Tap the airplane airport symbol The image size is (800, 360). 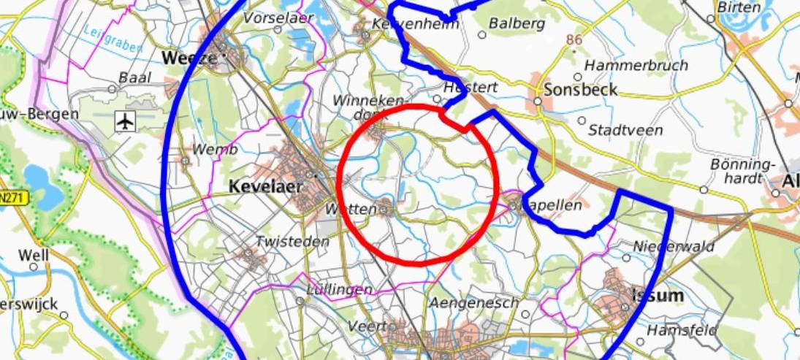coord(126,121)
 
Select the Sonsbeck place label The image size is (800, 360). coord(581,90)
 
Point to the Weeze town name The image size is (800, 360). coord(189,57)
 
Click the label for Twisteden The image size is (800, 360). coord(287,242)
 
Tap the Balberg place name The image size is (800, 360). coord(517,23)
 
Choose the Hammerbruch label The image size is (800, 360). coord(636,65)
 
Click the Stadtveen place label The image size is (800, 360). coord(625,130)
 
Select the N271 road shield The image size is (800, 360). coord(12,197)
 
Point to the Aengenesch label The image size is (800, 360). coord(474,302)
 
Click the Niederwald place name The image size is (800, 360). coord(674,247)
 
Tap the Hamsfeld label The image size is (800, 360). coord(682,330)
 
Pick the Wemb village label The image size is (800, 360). coord(215,150)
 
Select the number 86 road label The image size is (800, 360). coord(574,40)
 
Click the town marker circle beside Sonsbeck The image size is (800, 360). coord(537,102)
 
